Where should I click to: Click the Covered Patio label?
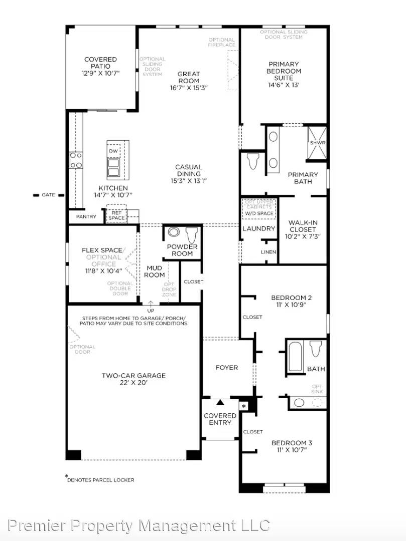click(x=100, y=63)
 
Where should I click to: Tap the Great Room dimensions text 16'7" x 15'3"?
click(x=189, y=88)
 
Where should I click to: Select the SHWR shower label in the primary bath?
click(x=318, y=143)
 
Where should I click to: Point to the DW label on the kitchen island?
click(x=113, y=151)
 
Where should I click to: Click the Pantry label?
click(x=86, y=217)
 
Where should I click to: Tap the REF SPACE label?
click(x=116, y=215)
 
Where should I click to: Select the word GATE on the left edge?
click(x=48, y=195)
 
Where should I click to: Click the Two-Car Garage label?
click(x=133, y=379)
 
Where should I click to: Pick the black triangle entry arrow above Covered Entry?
click(x=220, y=402)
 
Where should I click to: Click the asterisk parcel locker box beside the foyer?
click(x=244, y=405)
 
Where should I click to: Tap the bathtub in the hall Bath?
click(x=295, y=356)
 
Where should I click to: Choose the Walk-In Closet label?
click(x=303, y=229)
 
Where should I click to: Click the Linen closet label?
click(x=268, y=252)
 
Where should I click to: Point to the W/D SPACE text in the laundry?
click(x=259, y=213)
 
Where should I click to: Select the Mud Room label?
click(x=154, y=272)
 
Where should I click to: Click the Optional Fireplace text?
click(x=221, y=43)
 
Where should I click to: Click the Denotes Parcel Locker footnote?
click(x=100, y=479)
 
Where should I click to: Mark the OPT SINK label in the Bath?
click(x=317, y=390)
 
